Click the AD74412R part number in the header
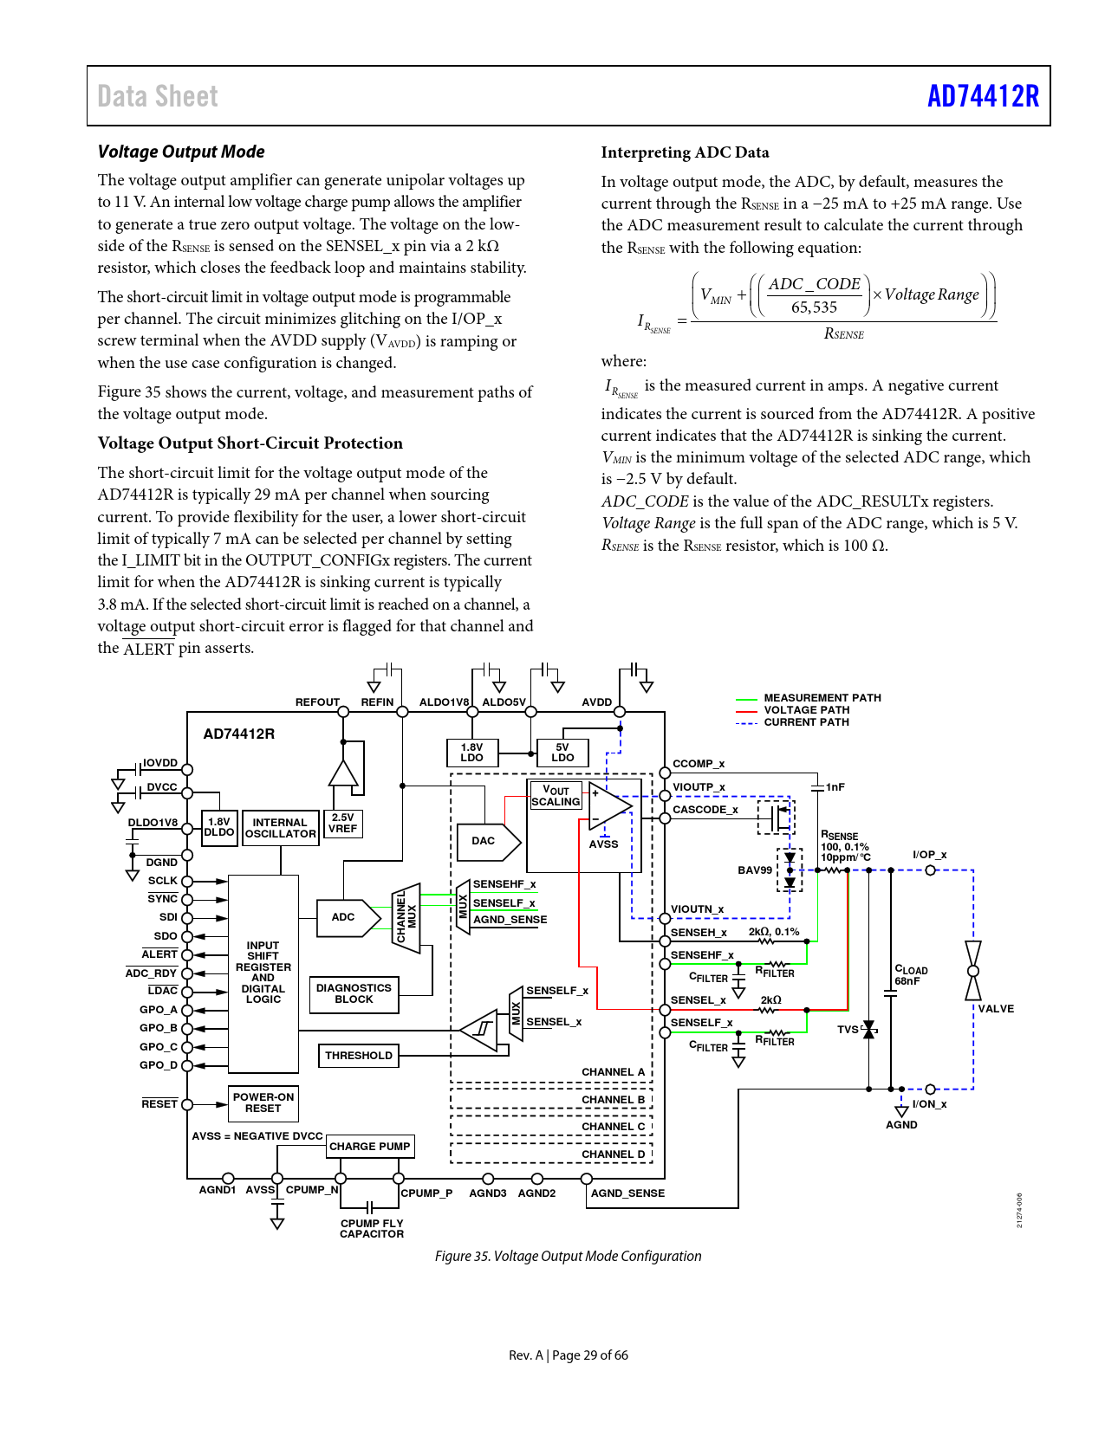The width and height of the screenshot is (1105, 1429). (983, 96)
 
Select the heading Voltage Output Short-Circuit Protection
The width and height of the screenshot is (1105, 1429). (250, 443)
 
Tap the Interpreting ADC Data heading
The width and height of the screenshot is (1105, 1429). (685, 152)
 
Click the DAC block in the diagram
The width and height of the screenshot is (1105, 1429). (488, 841)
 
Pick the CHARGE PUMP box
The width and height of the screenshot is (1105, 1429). (370, 1146)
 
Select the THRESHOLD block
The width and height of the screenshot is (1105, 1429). (358, 1056)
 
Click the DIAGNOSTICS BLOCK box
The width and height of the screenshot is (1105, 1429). (354, 993)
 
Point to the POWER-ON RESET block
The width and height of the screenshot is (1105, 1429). (263, 1102)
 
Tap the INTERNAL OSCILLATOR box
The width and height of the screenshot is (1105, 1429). (280, 828)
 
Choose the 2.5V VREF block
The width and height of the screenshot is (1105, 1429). (343, 824)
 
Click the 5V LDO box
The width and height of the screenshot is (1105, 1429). (562, 753)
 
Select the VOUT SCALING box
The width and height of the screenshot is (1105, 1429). (556, 796)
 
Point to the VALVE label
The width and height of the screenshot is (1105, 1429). (996, 1009)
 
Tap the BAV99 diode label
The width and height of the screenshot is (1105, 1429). (754, 870)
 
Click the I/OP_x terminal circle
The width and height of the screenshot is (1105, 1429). (930, 870)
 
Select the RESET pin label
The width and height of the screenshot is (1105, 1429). (159, 1104)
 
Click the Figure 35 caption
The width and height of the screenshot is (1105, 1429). (568, 1256)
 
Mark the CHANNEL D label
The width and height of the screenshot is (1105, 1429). (614, 1154)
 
